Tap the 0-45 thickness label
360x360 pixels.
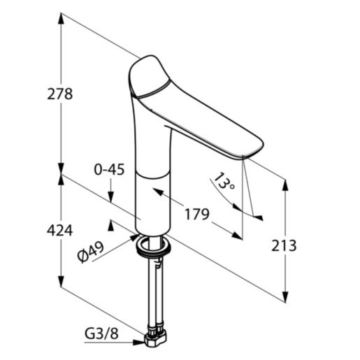coord(110,169)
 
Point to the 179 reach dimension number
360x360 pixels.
coord(196,215)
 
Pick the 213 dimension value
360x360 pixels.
coord(283,245)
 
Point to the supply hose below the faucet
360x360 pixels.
coord(154,294)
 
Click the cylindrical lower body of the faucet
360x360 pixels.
coord(154,199)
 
